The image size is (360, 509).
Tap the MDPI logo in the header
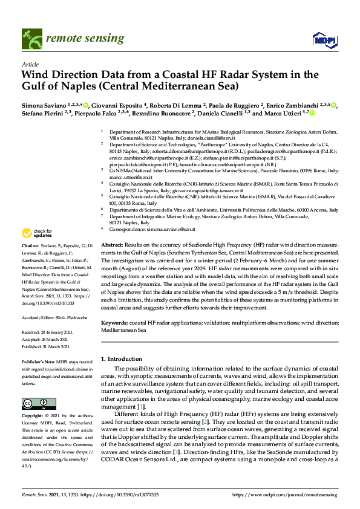(324, 40)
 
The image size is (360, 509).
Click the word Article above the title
(30, 64)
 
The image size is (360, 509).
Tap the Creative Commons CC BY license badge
(35, 403)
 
